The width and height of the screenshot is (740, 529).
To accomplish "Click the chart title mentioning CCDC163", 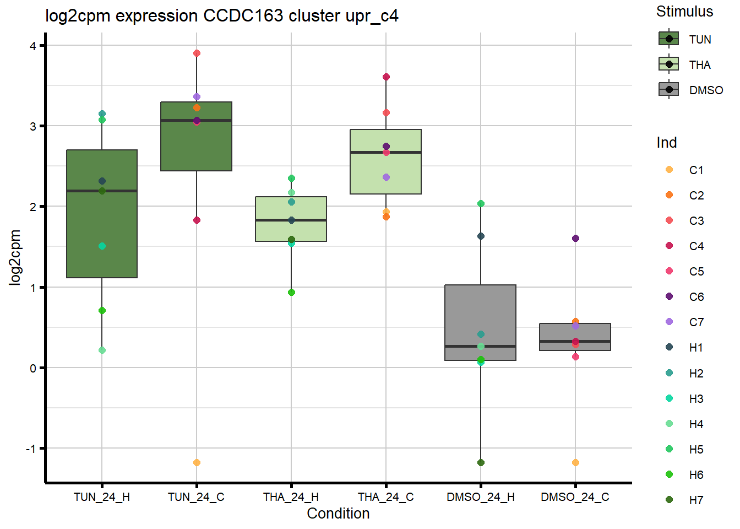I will pyautogui.click(x=221, y=15).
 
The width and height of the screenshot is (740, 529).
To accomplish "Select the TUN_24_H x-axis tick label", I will pyautogui.click(x=102, y=497).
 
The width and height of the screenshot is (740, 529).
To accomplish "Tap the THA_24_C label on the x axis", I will pyautogui.click(x=386, y=497).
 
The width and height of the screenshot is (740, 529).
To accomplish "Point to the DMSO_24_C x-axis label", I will pyautogui.click(x=575, y=497).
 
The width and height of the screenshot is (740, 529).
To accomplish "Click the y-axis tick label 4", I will pyautogui.click(x=33, y=46).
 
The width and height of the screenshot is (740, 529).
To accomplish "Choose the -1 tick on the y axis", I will pyautogui.click(x=31, y=449).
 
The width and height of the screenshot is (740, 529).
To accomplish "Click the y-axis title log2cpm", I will pyautogui.click(x=15, y=257).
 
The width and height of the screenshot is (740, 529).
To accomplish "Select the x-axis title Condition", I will pyautogui.click(x=338, y=514).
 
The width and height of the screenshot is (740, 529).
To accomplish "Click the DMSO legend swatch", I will pyautogui.click(x=669, y=89).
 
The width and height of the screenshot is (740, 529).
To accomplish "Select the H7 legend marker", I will pyautogui.click(x=669, y=500).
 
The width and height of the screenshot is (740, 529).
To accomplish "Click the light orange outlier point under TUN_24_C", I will pyautogui.click(x=197, y=462).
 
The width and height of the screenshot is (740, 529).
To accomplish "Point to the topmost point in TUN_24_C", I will pyautogui.click(x=197, y=53).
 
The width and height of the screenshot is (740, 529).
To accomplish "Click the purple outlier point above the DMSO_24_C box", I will pyautogui.click(x=575, y=239).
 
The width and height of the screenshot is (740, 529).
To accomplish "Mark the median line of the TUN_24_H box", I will pyautogui.click(x=102, y=191).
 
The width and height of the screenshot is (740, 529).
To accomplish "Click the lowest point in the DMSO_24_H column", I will pyautogui.click(x=481, y=462).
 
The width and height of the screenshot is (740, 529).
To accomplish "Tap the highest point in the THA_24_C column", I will pyautogui.click(x=386, y=77).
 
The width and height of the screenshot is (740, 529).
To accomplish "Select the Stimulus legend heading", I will pyautogui.click(x=684, y=12).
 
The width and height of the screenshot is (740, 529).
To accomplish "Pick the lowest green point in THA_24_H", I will pyautogui.click(x=291, y=292).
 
